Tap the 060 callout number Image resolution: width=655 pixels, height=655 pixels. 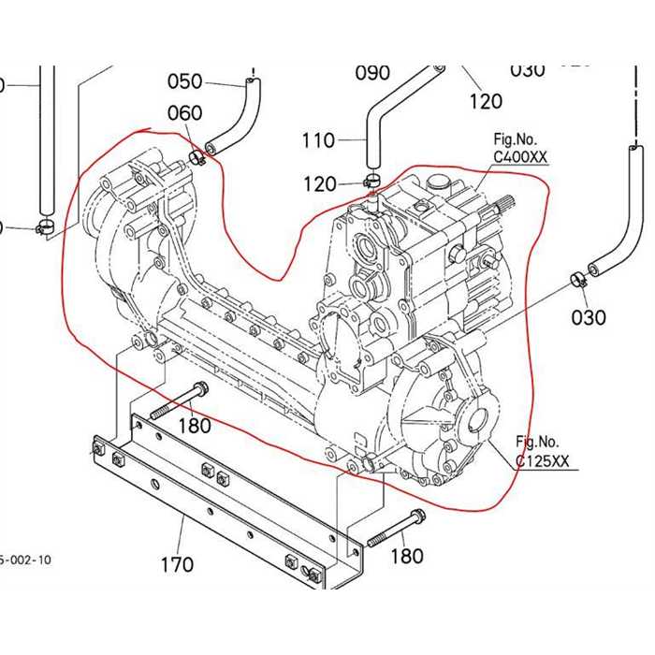click(184, 113)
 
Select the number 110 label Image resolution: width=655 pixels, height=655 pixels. click(318, 140)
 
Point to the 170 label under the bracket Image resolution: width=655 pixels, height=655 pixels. click(177, 564)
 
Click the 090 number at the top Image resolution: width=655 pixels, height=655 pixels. click(372, 73)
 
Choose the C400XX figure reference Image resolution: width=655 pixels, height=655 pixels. click(520, 157)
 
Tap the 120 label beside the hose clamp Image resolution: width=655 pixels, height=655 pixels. click(319, 184)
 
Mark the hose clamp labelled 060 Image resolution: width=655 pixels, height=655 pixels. click(196, 155)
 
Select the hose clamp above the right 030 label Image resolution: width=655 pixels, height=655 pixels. click(577, 278)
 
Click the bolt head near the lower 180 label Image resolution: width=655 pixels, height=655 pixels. click(416, 516)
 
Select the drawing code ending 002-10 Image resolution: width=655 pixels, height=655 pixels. click(25, 560)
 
